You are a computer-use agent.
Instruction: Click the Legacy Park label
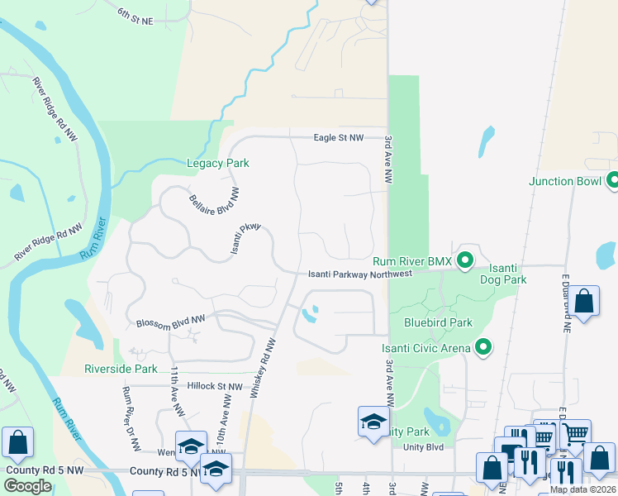217,164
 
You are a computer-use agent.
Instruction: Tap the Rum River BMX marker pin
465,261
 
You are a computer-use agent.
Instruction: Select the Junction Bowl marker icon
613,180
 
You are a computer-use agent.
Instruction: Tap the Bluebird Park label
438,322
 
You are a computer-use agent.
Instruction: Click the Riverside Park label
121,368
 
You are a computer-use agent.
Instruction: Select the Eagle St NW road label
339,138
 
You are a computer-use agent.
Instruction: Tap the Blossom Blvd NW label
169,322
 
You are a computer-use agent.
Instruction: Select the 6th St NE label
137,17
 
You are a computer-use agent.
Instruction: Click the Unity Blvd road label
423,447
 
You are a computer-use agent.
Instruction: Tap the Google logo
27,485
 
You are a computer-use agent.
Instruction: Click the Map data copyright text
583,489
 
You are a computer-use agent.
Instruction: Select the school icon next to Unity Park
373,422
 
